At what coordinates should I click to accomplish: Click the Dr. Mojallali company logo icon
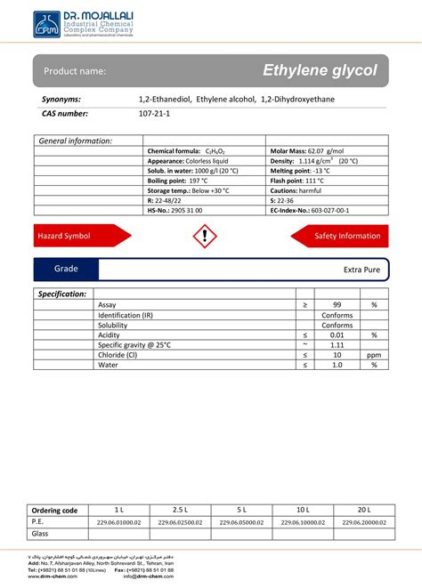[46, 24]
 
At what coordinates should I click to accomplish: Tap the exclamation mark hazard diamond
[205, 236]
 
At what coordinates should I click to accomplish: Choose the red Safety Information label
[346, 236]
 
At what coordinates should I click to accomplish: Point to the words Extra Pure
[361, 269]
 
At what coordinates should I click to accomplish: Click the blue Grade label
[66, 269]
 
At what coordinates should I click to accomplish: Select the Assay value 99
[337, 304]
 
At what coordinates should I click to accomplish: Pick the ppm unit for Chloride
[374, 354]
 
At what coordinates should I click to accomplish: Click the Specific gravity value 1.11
[337, 344]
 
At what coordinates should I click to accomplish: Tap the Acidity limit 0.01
[337, 334]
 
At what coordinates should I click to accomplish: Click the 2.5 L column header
[181, 510]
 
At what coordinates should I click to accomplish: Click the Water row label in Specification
[108, 365]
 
